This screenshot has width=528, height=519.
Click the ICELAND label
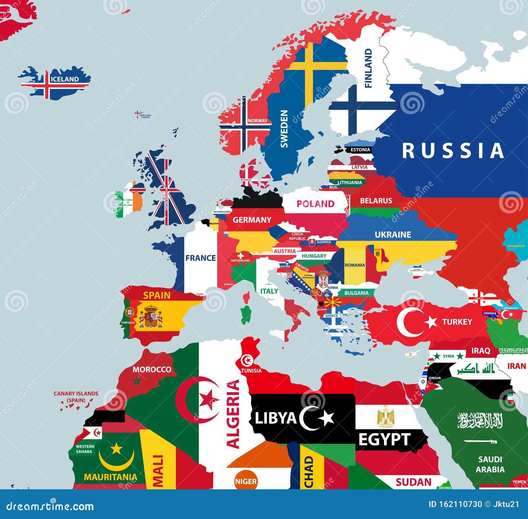65,79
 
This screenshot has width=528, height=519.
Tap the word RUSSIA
453,151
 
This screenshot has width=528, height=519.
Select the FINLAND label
368,68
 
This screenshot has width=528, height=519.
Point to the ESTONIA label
360,150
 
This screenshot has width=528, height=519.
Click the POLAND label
315,204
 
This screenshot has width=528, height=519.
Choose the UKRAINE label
393,235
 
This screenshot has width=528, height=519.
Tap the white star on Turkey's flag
431,322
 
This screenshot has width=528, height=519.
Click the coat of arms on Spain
151,316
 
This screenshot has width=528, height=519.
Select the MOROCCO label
152,370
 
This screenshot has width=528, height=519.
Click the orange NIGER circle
246,481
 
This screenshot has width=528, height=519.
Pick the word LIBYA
276,418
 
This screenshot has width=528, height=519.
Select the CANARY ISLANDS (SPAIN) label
76,397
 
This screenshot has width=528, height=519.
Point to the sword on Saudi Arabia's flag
480,441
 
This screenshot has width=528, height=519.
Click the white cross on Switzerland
241,256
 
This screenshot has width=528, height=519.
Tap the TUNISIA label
251,371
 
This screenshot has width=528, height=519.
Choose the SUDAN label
413,482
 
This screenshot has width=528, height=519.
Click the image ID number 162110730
455,504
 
